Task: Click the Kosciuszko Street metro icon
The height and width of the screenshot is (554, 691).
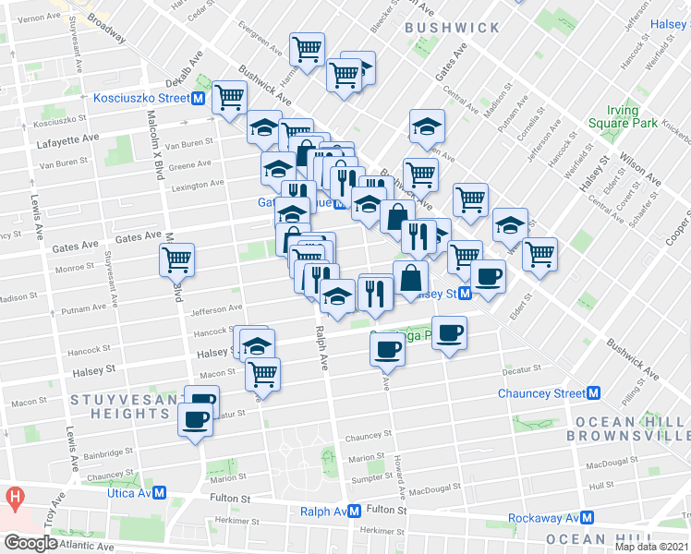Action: tap(198, 98)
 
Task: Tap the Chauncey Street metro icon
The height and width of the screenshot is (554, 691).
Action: tap(594, 393)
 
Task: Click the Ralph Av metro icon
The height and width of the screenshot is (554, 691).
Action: tap(354, 511)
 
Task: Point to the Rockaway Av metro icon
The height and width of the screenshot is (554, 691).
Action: tap(586, 518)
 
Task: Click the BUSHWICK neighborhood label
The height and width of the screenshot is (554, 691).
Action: tap(453, 29)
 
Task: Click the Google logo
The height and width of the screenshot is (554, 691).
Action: tap(30, 542)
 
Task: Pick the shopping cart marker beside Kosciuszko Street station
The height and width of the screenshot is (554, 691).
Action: tap(229, 97)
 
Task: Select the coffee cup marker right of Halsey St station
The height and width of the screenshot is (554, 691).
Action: tap(488, 275)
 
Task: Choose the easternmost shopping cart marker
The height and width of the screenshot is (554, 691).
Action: tap(539, 253)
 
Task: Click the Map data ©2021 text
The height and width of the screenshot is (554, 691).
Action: tap(651, 547)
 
